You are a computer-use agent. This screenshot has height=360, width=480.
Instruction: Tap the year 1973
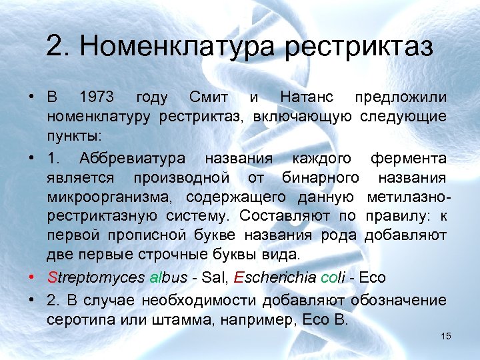click(96, 98)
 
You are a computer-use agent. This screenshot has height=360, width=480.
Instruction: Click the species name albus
click(167, 276)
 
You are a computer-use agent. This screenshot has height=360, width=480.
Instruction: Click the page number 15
click(445, 336)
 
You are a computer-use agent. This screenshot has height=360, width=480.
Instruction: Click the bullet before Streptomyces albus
click(32, 276)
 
